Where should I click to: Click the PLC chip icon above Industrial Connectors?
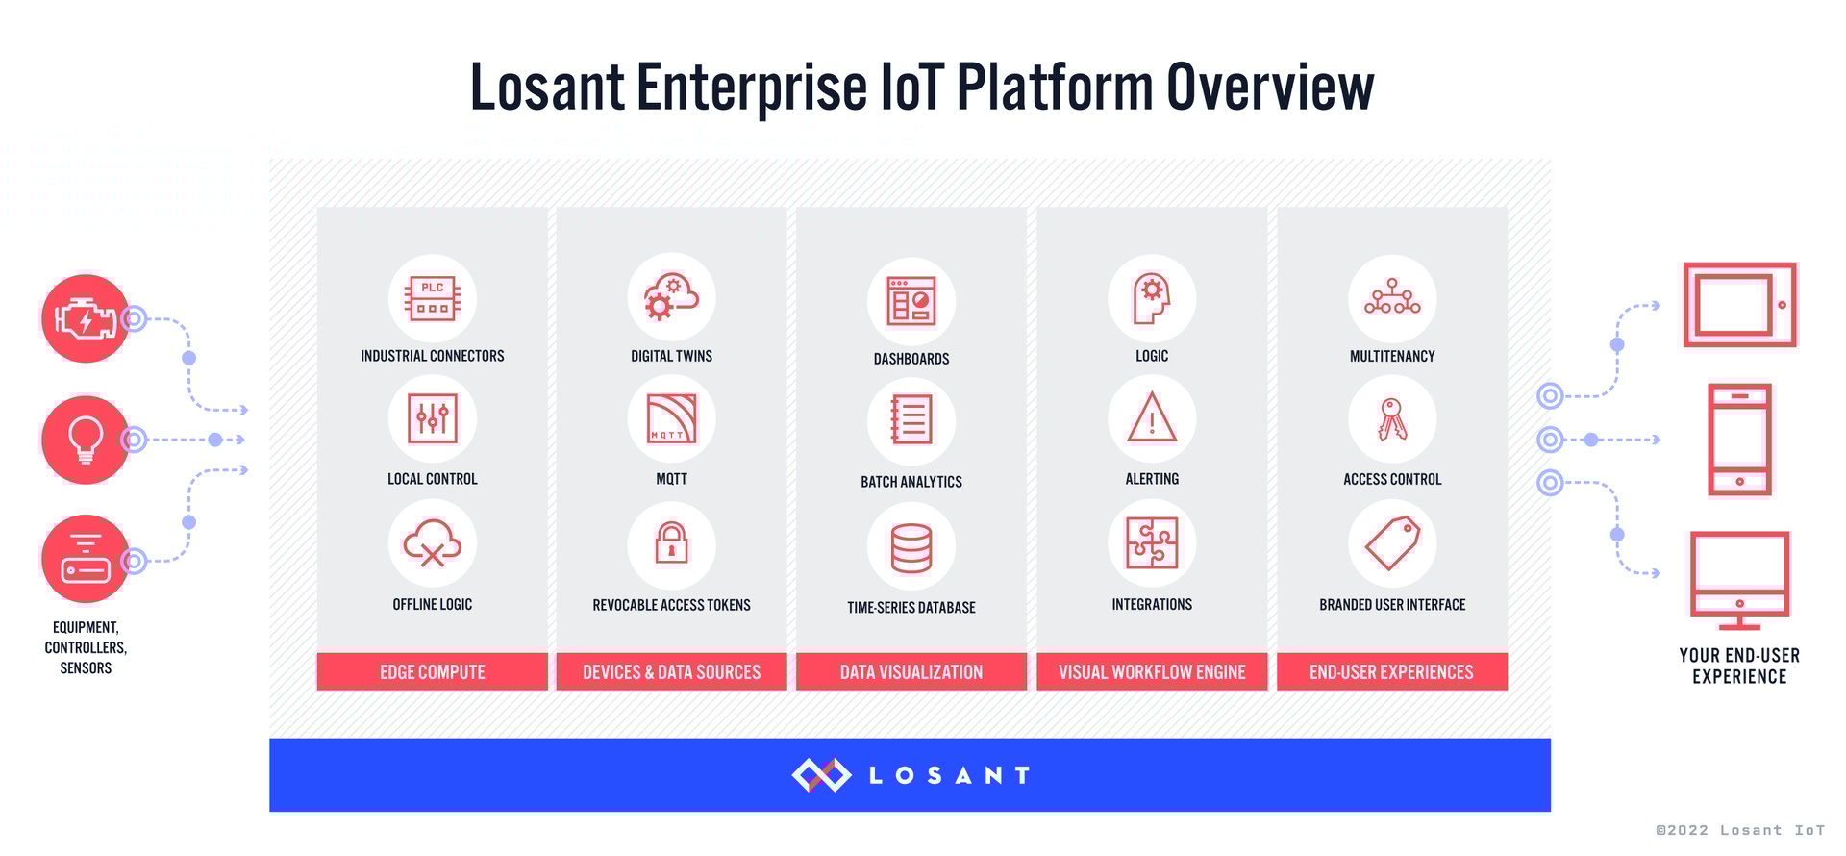tap(432, 298)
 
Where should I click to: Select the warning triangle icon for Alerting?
tap(1151, 419)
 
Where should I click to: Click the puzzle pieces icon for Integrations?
tap(1151, 543)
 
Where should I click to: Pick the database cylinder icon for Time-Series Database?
tap(911, 547)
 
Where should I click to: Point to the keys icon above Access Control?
tap(1391, 419)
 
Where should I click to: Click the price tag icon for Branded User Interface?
tap(1391, 543)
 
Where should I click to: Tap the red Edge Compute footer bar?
tap(432, 671)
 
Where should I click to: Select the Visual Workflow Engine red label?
tap(1151, 671)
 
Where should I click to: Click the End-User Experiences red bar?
tap(1391, 671)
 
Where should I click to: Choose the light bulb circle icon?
tap(86, 440)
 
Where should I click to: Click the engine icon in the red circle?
tap(86, 318)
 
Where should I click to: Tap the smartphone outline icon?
tap(1739, 440)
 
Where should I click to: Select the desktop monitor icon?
tap(1739, 575)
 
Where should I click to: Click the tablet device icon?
tap(1739, 305)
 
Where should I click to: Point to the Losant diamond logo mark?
tap(821, 774)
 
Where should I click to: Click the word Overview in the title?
tap(1270, 87)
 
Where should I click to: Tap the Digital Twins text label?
tap(671, 356)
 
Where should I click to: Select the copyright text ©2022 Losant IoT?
tap(1739, 830)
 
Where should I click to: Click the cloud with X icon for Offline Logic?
tap(432, 543)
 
